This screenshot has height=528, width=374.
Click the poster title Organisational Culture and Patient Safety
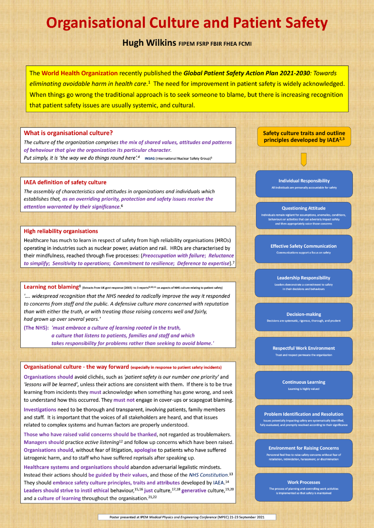[x=187, y=23]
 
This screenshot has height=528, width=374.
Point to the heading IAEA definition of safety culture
[x=65, y=182]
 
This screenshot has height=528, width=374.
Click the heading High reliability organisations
[x=61, y=231]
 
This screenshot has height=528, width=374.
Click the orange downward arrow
[x=304, y=159]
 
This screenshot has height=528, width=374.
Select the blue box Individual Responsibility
[x=304, y=183]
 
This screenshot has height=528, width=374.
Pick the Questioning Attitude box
[x=304, y=215]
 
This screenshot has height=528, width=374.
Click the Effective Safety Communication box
[x=304, y=249]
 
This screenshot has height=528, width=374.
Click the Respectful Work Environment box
[x=304, y=351]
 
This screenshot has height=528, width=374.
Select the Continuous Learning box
[x=304, y=385]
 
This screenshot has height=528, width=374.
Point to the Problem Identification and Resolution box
[x=304, y=419]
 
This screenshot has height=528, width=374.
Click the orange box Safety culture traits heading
[x=304, y=136]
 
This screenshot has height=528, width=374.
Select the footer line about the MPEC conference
[x=187, y=517]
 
